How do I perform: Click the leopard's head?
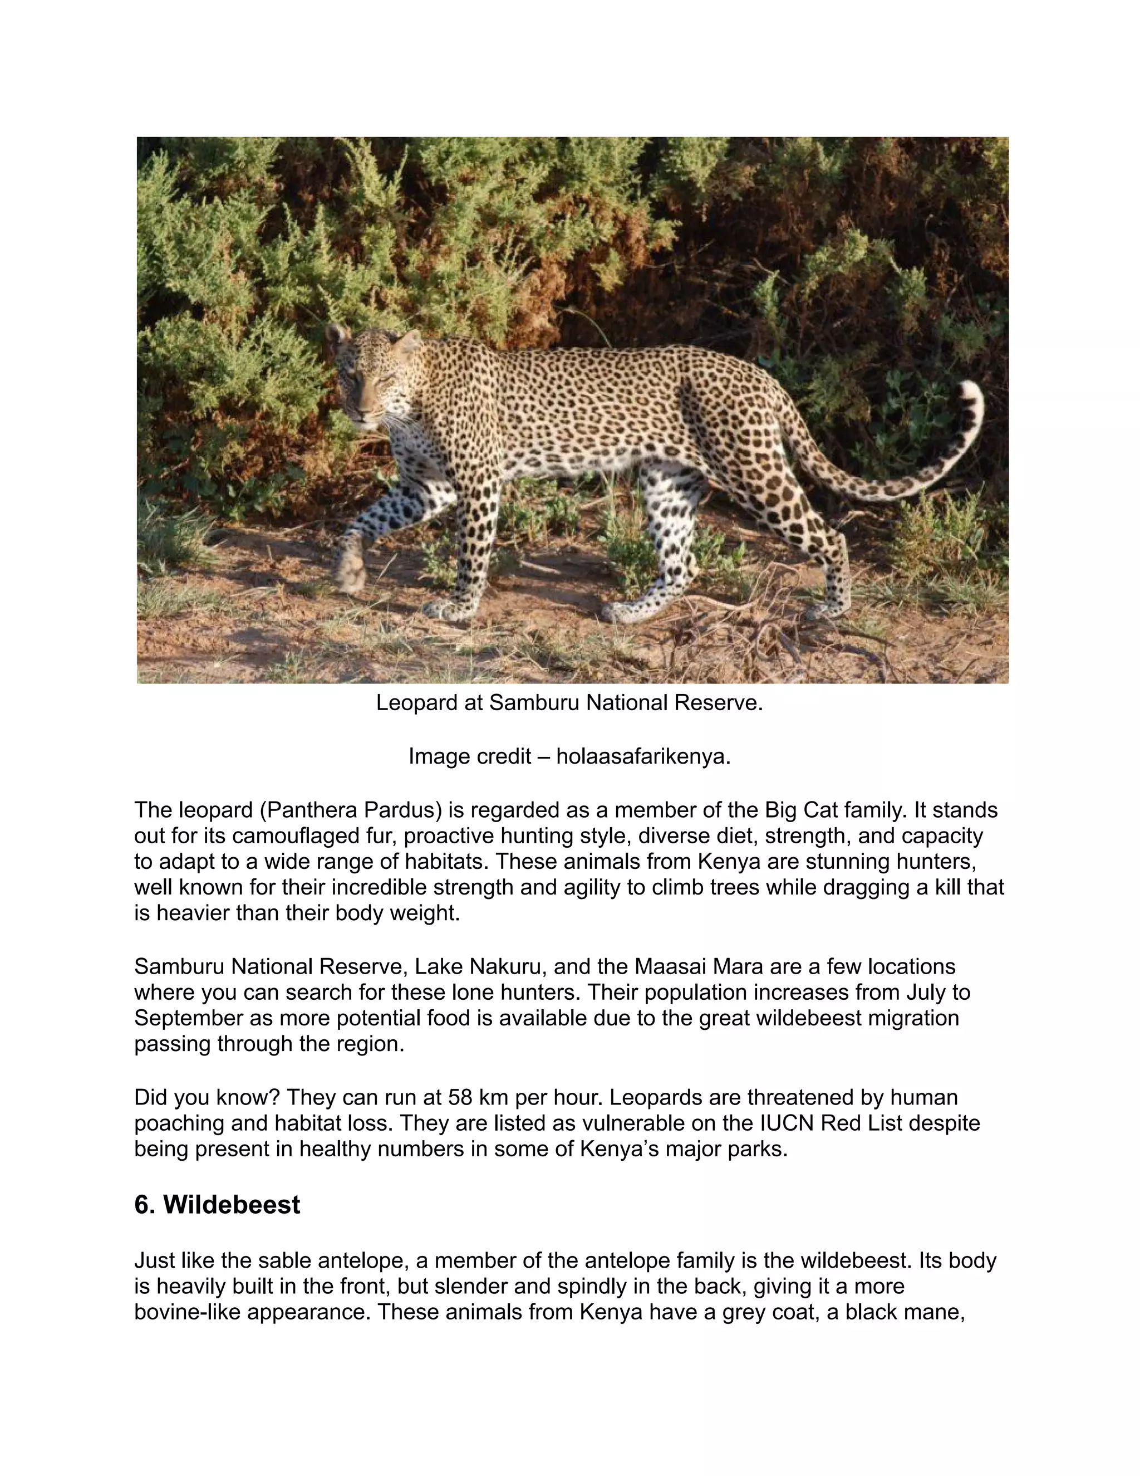coord(370,382)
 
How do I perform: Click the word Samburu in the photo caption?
coord(534,703)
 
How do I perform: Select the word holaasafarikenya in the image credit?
coord(643,756)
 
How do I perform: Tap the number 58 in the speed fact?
coord(460,1097)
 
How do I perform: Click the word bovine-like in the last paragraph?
coord(188,1312)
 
